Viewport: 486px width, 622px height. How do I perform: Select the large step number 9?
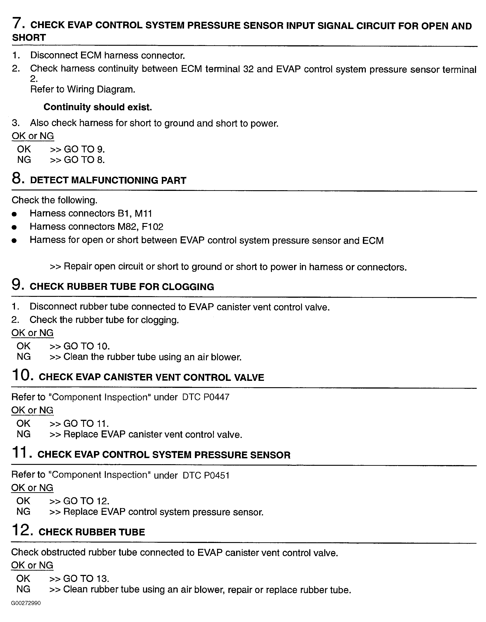17,285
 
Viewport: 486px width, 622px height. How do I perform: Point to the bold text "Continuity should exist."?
98,107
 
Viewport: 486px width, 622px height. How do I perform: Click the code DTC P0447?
206,397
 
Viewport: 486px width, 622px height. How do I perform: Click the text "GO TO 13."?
86,579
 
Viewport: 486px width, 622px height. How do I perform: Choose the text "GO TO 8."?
84,160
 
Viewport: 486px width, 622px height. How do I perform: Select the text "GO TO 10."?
86,346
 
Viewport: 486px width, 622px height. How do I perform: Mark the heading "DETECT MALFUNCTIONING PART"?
108,180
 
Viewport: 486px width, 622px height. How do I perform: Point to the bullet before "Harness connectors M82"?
14,227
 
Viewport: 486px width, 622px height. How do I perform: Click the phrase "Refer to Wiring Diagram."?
83,89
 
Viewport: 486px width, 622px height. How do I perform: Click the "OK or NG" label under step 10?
32,410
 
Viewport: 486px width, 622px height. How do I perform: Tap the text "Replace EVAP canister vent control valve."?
153,434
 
